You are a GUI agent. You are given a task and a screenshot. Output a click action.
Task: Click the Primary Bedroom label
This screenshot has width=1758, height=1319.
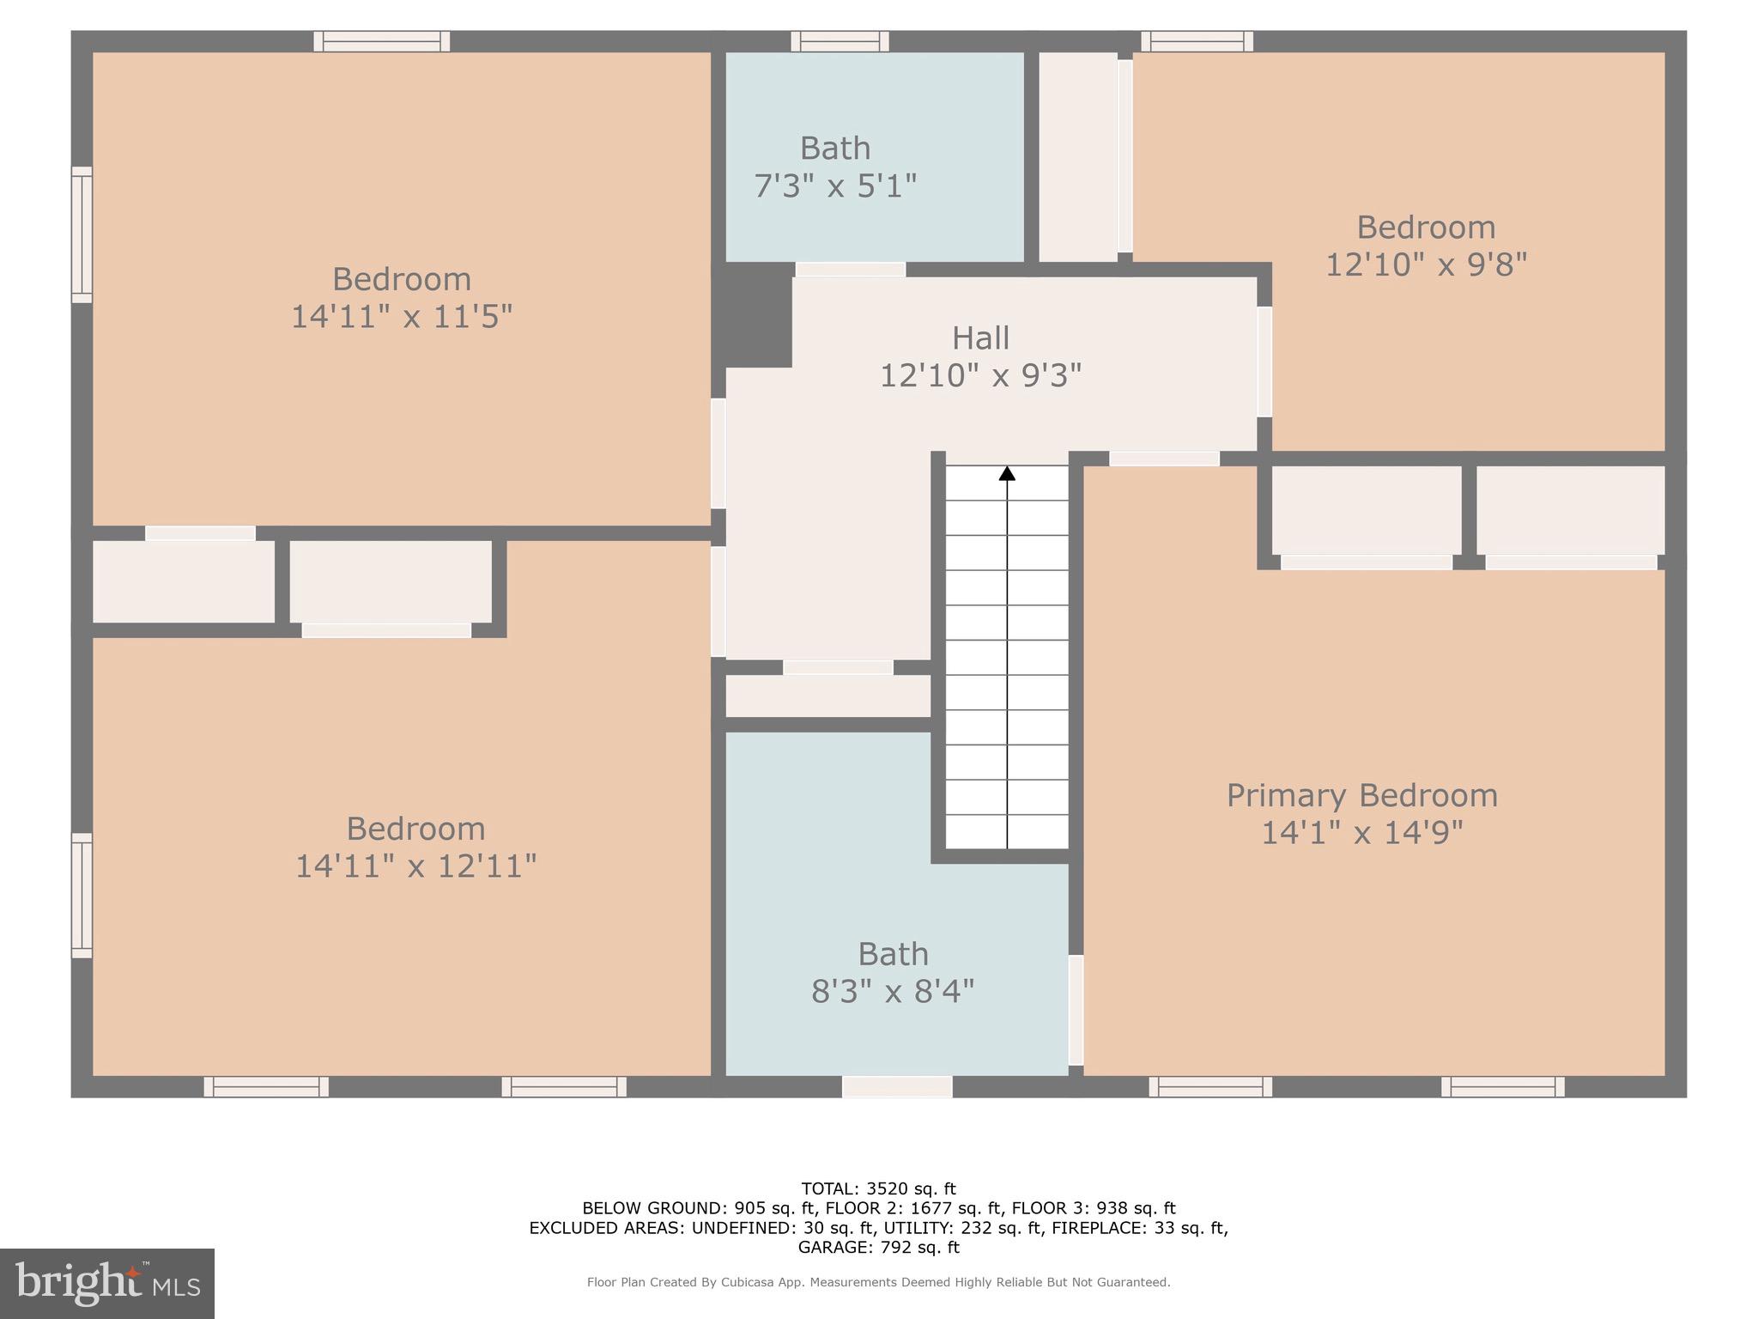1361,795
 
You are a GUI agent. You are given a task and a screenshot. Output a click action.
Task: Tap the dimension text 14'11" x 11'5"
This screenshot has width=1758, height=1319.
402,317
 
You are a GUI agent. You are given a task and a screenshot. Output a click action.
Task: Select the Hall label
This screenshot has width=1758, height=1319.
980,338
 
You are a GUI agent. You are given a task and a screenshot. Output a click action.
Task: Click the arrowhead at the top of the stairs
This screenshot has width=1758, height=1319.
1007,473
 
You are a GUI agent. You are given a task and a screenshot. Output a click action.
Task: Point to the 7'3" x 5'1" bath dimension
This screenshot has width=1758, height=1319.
835,185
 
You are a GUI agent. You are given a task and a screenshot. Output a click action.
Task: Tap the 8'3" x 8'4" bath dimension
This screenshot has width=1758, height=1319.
893,992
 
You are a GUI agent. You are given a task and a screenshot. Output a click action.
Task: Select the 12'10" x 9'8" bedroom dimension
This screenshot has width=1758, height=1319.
1426,264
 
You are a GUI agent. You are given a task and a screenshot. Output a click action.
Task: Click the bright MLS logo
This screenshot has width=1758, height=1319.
107,1283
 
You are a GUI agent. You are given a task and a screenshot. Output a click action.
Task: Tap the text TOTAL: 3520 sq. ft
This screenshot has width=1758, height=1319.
878,1188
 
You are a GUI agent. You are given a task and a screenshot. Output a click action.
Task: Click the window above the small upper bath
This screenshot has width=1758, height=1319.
840,41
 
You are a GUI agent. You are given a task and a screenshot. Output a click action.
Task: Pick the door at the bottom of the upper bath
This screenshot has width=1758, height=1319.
850,270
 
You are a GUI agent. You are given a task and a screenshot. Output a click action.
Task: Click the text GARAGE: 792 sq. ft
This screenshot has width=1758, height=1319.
878,1247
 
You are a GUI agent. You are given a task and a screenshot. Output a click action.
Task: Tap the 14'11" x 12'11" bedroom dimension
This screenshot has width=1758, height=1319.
416,866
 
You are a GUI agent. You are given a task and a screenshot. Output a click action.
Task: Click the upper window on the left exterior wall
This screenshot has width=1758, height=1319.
82,234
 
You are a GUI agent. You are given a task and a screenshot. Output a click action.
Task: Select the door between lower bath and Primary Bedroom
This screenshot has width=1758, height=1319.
1076,1010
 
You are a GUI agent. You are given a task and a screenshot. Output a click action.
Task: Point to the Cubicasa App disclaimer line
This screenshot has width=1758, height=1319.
878,1282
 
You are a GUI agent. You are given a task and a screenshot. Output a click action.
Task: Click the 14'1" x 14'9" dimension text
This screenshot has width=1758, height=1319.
1361,833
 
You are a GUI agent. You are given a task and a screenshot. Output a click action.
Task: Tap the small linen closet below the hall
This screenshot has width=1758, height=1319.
828,696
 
